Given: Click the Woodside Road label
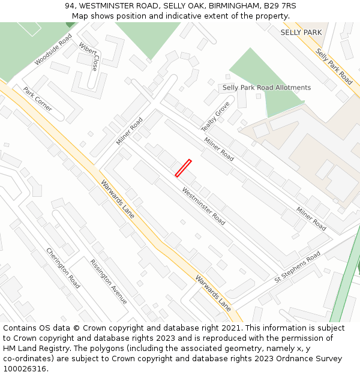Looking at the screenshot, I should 53,50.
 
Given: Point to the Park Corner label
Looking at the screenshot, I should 37,99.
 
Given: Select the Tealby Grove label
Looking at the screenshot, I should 215,116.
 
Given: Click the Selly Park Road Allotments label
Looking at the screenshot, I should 266,88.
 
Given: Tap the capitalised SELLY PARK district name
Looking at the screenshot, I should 301,32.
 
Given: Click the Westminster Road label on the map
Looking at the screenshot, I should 203,206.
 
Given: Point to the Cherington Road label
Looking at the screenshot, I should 63,268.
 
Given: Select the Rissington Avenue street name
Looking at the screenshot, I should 109,281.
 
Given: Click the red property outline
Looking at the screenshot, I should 183,168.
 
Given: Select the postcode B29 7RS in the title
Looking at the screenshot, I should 281,6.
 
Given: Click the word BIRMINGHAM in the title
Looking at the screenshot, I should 230,6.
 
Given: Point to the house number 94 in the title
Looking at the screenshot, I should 71,6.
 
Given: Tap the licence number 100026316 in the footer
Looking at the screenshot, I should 23,369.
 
